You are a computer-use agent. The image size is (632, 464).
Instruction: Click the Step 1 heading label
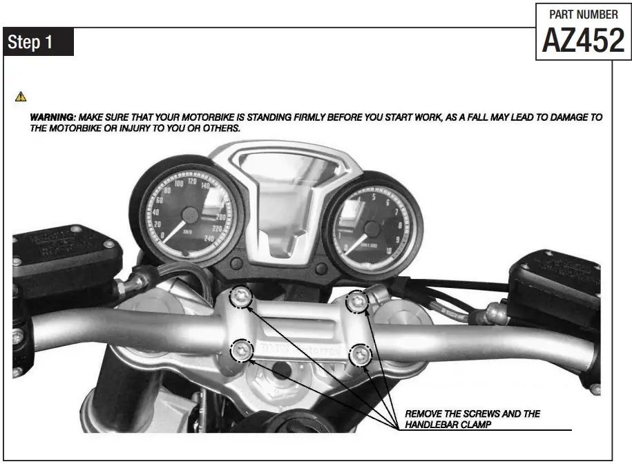point(30,42)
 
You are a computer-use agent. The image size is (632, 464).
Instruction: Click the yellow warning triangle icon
point(21,96)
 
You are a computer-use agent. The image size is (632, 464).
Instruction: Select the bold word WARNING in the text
point(52,117)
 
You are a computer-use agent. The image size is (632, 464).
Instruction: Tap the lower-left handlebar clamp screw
point(240,350)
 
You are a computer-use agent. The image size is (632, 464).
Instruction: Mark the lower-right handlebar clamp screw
point(361,356)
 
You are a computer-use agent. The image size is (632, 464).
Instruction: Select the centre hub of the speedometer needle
point(193,216)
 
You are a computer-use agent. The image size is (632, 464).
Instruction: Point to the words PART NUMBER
point(583,14)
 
